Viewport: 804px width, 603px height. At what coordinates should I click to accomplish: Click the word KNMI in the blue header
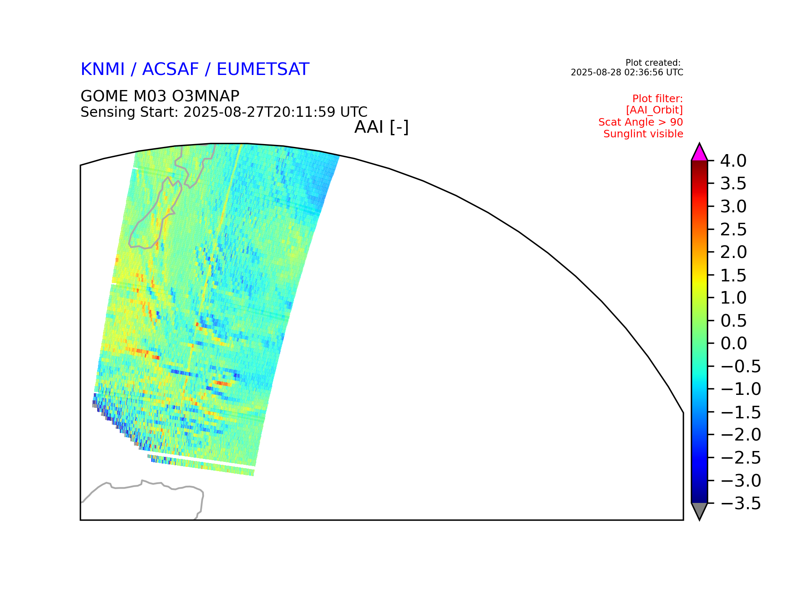coord(103,70)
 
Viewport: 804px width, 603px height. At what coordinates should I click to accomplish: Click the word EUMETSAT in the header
coord(263,70)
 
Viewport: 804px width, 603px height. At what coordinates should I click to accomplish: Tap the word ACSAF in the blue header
coord(170,70)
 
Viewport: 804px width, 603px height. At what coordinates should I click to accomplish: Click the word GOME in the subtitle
coord(105,96)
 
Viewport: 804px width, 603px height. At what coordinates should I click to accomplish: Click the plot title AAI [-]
coord(381,127)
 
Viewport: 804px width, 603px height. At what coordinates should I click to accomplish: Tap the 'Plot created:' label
coord(653,63)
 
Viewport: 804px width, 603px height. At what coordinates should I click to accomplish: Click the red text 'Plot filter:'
coord(657,99)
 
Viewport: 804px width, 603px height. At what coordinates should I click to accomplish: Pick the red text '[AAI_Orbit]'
coord(655,110)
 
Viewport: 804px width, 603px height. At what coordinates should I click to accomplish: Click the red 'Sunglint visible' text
coord(643,134)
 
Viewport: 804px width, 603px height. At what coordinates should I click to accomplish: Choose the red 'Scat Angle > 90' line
coord(641,122)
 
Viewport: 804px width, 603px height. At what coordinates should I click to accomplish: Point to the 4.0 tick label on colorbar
coord(733,161)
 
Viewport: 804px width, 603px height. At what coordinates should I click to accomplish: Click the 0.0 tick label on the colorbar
coord(733,343)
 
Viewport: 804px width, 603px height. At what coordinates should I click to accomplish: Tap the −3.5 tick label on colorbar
coord(740,503)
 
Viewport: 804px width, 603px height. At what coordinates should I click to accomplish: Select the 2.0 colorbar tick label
coord(733,252)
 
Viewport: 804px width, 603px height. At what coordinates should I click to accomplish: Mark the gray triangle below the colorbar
coord(699,510)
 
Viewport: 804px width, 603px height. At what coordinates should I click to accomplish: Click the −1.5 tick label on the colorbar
coord(740,412)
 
